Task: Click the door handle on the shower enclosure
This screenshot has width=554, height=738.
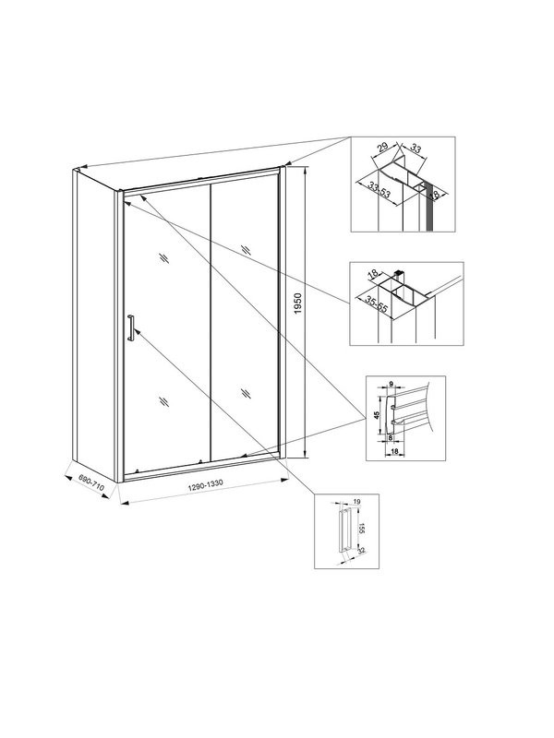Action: pyautogui.click(x=132, y=328)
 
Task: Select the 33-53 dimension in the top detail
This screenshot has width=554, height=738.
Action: pyautogui.click(x=377, y=196)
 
